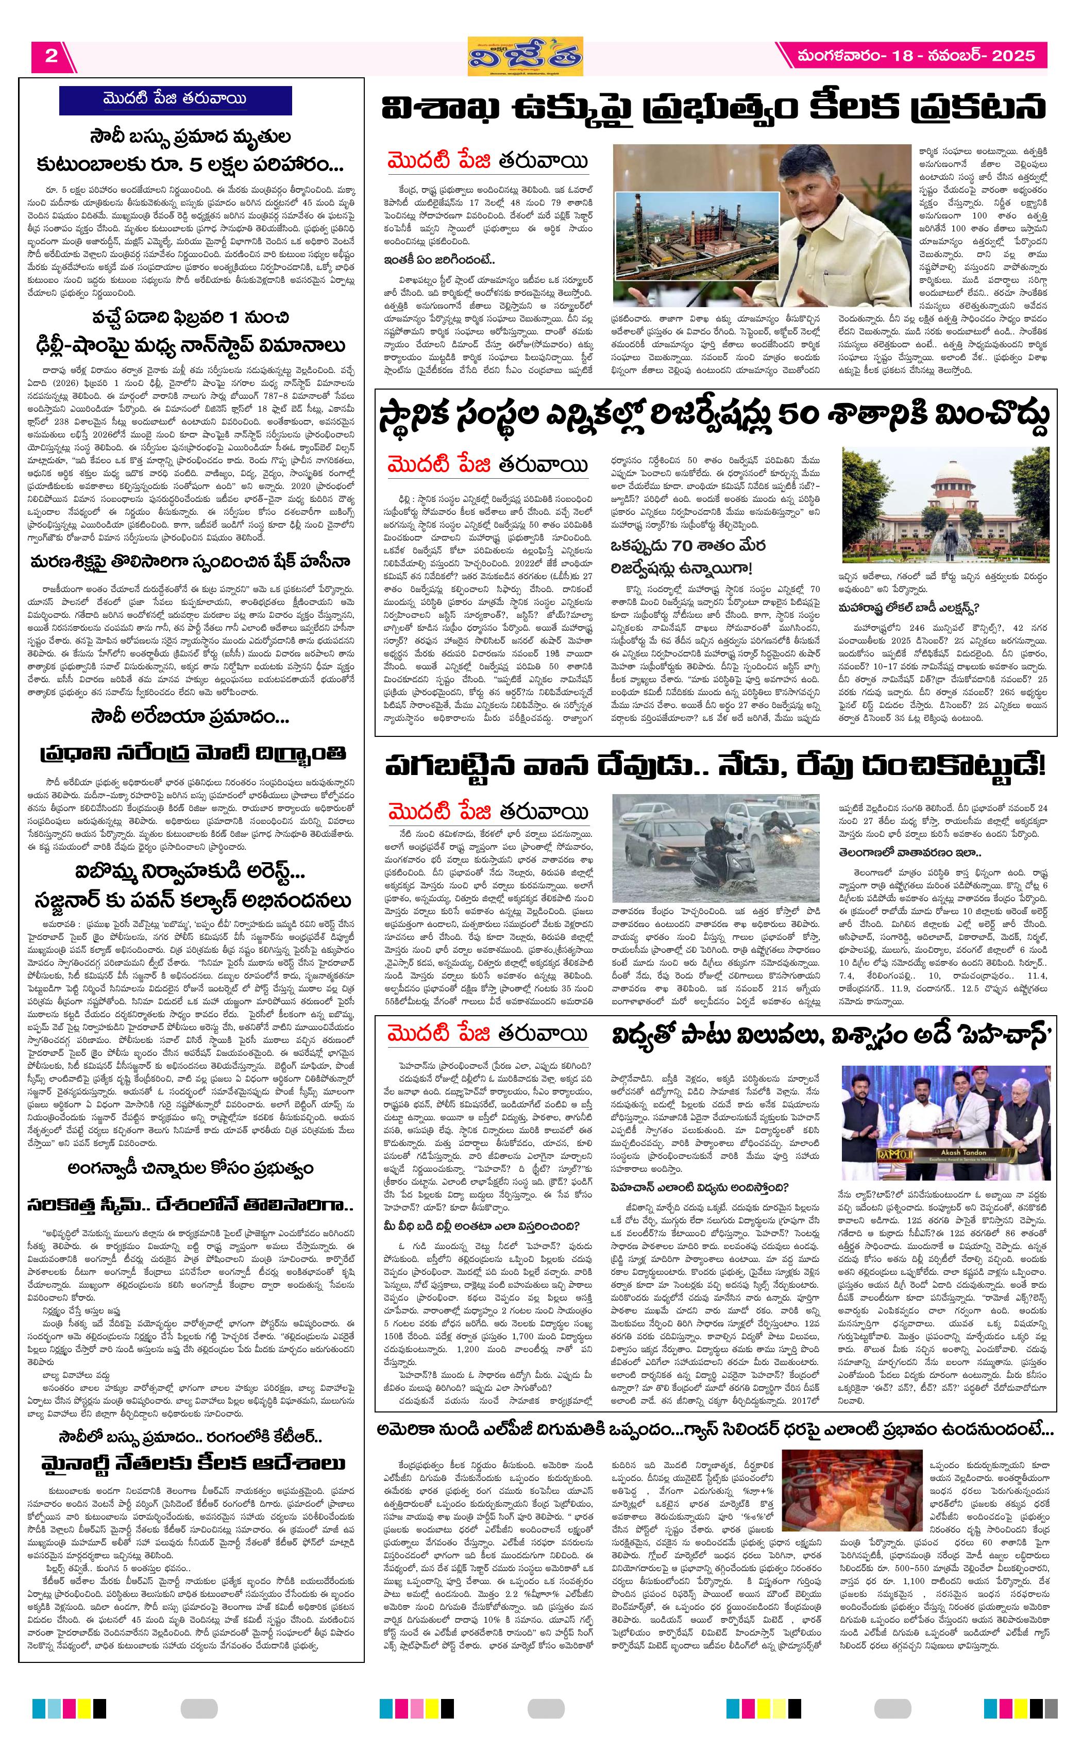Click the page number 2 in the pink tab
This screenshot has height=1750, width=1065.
click(51, 56)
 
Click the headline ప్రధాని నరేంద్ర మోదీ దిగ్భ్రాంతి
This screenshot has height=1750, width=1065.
click(192, 753)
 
